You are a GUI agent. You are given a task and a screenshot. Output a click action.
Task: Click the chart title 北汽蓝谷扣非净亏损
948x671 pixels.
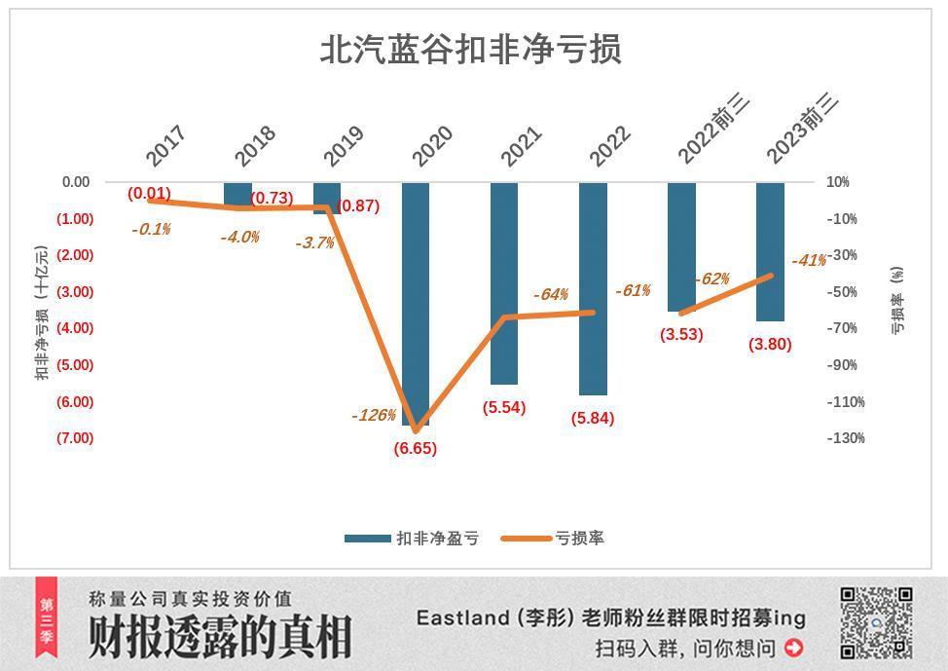pos(471,50)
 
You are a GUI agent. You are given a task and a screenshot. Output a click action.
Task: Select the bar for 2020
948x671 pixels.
pos(416,302)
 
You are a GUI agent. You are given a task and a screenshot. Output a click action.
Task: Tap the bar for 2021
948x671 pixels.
pos(504,282)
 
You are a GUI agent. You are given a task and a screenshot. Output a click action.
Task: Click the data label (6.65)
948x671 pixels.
pos(415,449)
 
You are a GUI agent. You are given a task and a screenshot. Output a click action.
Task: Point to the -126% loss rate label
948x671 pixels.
pos(374,416)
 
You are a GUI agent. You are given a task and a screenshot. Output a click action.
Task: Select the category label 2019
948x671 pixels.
pos(343,146)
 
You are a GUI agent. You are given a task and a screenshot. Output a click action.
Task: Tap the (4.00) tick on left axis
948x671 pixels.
pos(75,328)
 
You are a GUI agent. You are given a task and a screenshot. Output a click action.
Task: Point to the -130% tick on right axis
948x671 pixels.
pos(846,438)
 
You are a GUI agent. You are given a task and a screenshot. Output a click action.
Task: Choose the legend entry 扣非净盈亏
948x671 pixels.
pos(411,539)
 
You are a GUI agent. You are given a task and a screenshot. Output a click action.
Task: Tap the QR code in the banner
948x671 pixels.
pos(876,622)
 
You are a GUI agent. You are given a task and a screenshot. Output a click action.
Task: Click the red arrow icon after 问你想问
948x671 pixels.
pos(793,648)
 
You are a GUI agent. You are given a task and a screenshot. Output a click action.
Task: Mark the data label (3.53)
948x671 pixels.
pos(681,334)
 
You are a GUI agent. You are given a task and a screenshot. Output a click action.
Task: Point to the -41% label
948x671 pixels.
pos(809,261)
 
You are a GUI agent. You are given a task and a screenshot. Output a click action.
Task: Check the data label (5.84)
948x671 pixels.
pos(593,419)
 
